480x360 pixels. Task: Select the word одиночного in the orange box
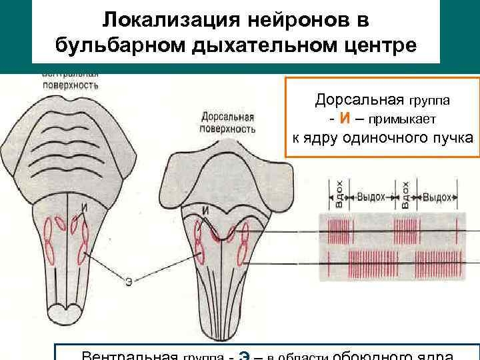point(386,138)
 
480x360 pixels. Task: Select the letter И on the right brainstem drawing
point(207,211)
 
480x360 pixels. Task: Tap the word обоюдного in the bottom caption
point(367,355)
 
